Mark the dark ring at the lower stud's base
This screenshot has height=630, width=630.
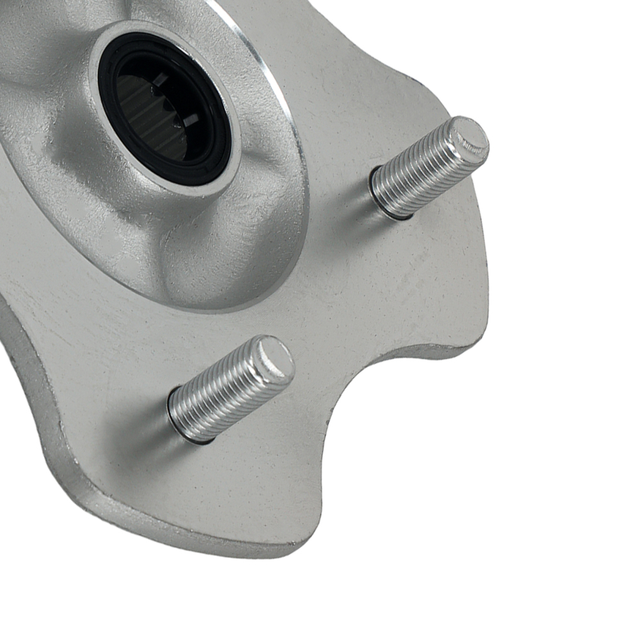click(x=183, y=428)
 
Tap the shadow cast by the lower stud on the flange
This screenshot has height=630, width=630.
click(x=139, y=441)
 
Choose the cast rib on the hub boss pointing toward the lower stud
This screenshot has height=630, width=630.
click(x=189, y=258)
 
